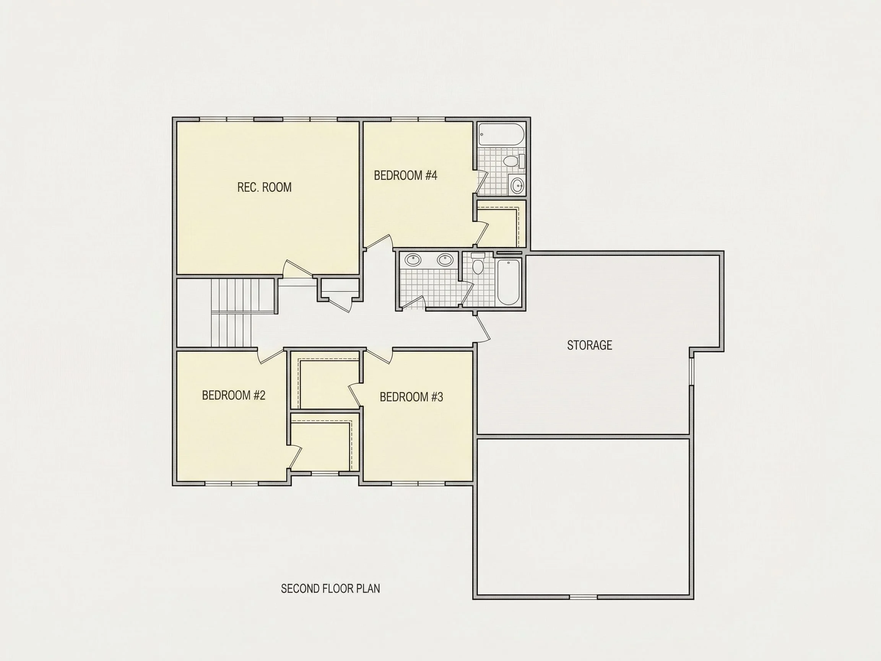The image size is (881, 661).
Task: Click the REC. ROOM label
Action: [264, 187]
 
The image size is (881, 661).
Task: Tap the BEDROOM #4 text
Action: [405, 175]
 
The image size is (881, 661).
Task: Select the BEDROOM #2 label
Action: [233, 395]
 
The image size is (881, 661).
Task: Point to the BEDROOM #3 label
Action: [411, 397]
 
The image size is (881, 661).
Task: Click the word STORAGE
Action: [590, 345]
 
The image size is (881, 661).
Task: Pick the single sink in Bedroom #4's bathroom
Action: [517, 184]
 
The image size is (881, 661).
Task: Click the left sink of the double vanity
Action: [413, 260]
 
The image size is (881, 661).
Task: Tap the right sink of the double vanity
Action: [445, 260]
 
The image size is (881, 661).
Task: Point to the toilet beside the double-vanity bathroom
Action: [478, 264]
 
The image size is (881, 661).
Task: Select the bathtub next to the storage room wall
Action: [509, 282]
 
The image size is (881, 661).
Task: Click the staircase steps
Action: [235, 313]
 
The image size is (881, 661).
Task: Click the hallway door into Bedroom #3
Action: [379, 356]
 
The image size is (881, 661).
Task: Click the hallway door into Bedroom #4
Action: [379, 242]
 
